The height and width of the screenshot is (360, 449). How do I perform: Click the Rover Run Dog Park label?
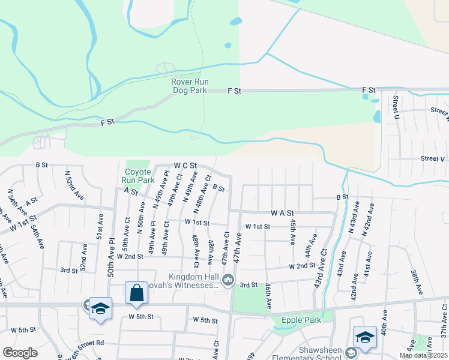coord(189,86)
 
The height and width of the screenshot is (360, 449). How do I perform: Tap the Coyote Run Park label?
coord(137,175)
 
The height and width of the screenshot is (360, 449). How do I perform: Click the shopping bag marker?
coord(137,293)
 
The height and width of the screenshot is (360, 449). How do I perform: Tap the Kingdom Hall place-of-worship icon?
coord(228,280)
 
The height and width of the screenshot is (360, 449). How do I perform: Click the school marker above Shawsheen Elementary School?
coord(364,337)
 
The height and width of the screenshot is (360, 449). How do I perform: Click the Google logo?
coord(20,353)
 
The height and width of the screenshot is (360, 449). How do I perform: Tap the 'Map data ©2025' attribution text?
coord(423,355)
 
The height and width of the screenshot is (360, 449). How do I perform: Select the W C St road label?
coord(185,165)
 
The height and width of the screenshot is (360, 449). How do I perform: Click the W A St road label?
coord(282,212)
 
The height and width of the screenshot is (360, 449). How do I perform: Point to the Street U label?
coord(396,107)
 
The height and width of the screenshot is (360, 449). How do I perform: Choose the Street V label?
coord(432,158)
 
